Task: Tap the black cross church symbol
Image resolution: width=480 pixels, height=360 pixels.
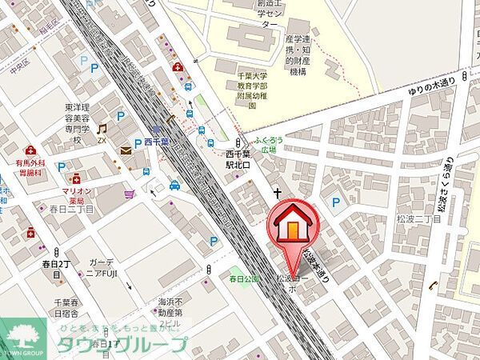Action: [276, 193]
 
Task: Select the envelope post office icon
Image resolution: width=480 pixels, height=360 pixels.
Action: [126, 150]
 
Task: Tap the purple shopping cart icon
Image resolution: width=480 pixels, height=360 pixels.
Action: [129, 194]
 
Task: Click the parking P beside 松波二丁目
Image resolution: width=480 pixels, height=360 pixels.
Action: [337, 202]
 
